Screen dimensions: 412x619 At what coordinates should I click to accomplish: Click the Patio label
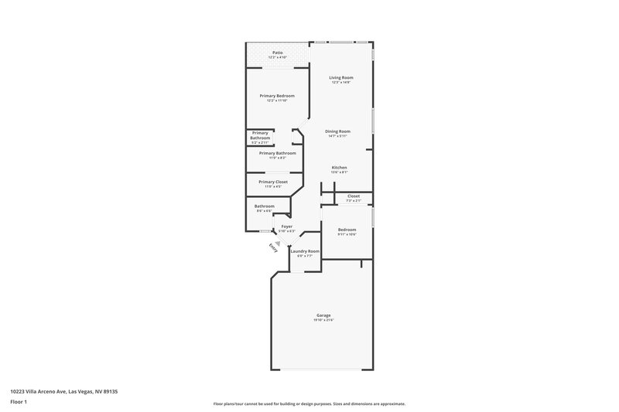tap(277, 53)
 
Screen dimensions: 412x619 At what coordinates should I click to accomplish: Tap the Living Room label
tap(341, 78)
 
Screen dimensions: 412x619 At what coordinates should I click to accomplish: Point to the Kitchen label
tap(339, 167)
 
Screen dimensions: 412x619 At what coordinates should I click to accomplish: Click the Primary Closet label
tap(273, 182)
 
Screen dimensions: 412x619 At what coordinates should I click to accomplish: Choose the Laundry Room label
tap(305, 251)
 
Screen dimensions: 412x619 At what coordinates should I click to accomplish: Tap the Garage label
tap(323, 315)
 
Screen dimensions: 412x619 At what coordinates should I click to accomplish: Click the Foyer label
tap(286, 226)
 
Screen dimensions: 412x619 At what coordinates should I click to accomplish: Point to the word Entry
tap(273, 247)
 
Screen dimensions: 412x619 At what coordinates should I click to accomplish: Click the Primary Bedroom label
tap(277, 95)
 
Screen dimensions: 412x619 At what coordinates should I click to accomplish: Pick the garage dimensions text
tap(323, 320)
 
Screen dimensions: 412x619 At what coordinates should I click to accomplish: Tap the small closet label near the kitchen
tap(353, 196)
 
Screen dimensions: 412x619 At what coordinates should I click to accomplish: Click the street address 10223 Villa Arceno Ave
tap(64, 391)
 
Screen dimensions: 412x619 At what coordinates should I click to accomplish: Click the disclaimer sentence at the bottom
tap(309, 403)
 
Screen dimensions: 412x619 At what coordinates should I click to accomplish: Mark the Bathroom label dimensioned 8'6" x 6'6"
tap(265, 206)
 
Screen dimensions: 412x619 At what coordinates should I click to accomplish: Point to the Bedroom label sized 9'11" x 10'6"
tap(347, 230)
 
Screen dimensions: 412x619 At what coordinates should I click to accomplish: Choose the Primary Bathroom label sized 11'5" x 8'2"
tap(277, 153)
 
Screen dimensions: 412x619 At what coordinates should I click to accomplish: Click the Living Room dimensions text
tap(341, 83)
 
